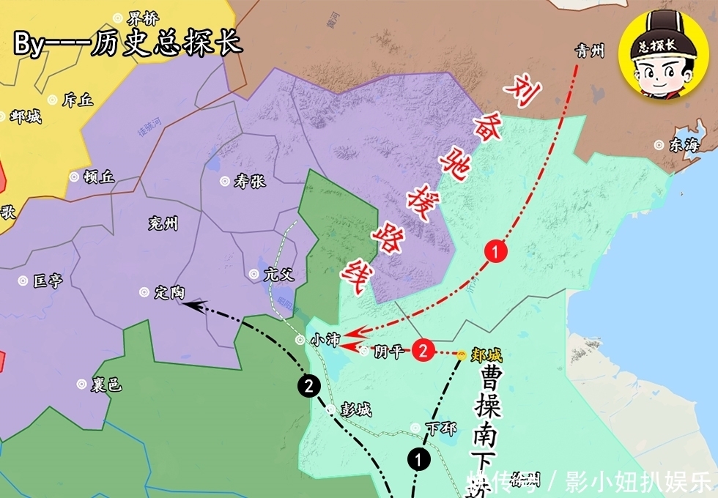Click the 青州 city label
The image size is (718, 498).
(590, 51)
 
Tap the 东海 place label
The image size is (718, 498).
(684, 145)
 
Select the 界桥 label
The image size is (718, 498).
(142, 18)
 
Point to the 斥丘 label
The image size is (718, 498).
(78, 100)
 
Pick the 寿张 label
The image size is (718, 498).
(249, 182)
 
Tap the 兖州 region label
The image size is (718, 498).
(163, 223)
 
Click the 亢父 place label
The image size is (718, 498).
(278, 275)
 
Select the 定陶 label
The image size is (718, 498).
(169, 292)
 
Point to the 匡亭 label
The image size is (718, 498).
(48, 280)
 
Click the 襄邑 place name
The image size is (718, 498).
(106, 384)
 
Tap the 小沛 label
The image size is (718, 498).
(325, 340)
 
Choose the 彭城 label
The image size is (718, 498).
(355, 409)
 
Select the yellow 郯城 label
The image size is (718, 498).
(486, 356)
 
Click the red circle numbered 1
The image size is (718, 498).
(497, 253)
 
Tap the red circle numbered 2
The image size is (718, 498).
(422, 350)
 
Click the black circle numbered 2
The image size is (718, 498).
(308, 386)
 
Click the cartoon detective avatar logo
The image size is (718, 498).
(657, 56)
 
